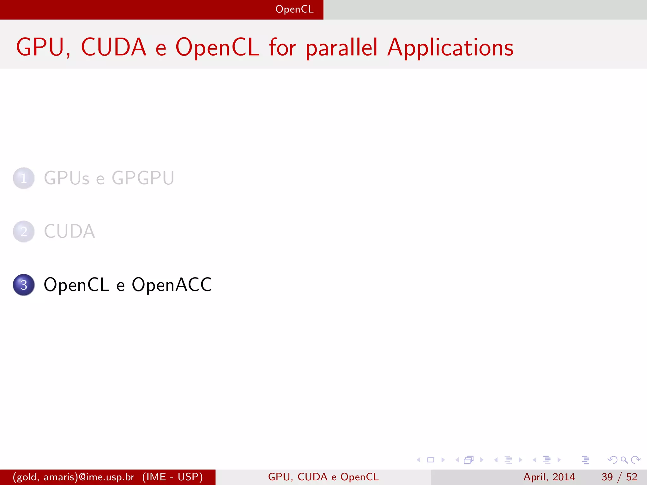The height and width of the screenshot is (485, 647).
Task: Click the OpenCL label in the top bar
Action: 294,9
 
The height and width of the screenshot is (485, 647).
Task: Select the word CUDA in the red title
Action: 114,47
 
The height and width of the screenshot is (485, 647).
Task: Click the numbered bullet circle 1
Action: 24,178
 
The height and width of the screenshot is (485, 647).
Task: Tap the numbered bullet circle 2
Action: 24,231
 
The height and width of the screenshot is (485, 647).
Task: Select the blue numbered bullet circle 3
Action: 24,285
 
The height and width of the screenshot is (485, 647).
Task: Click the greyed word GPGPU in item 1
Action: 143,178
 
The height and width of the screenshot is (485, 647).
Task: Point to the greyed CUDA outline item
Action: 69,231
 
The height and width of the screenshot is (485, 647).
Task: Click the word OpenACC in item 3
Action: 172,285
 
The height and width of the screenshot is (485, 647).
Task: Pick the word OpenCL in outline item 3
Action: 76,285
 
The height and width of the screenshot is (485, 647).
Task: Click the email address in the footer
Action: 74,477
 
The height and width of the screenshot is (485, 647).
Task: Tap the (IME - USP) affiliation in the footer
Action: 172,477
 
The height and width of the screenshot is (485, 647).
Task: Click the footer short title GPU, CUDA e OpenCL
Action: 323,477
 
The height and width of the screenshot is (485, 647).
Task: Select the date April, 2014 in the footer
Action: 549,477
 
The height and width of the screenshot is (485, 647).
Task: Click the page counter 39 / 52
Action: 619,477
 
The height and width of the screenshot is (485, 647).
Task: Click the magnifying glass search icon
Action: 624,460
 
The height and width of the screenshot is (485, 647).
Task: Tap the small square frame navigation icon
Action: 431,460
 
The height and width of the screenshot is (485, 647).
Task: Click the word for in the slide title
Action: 282,47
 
